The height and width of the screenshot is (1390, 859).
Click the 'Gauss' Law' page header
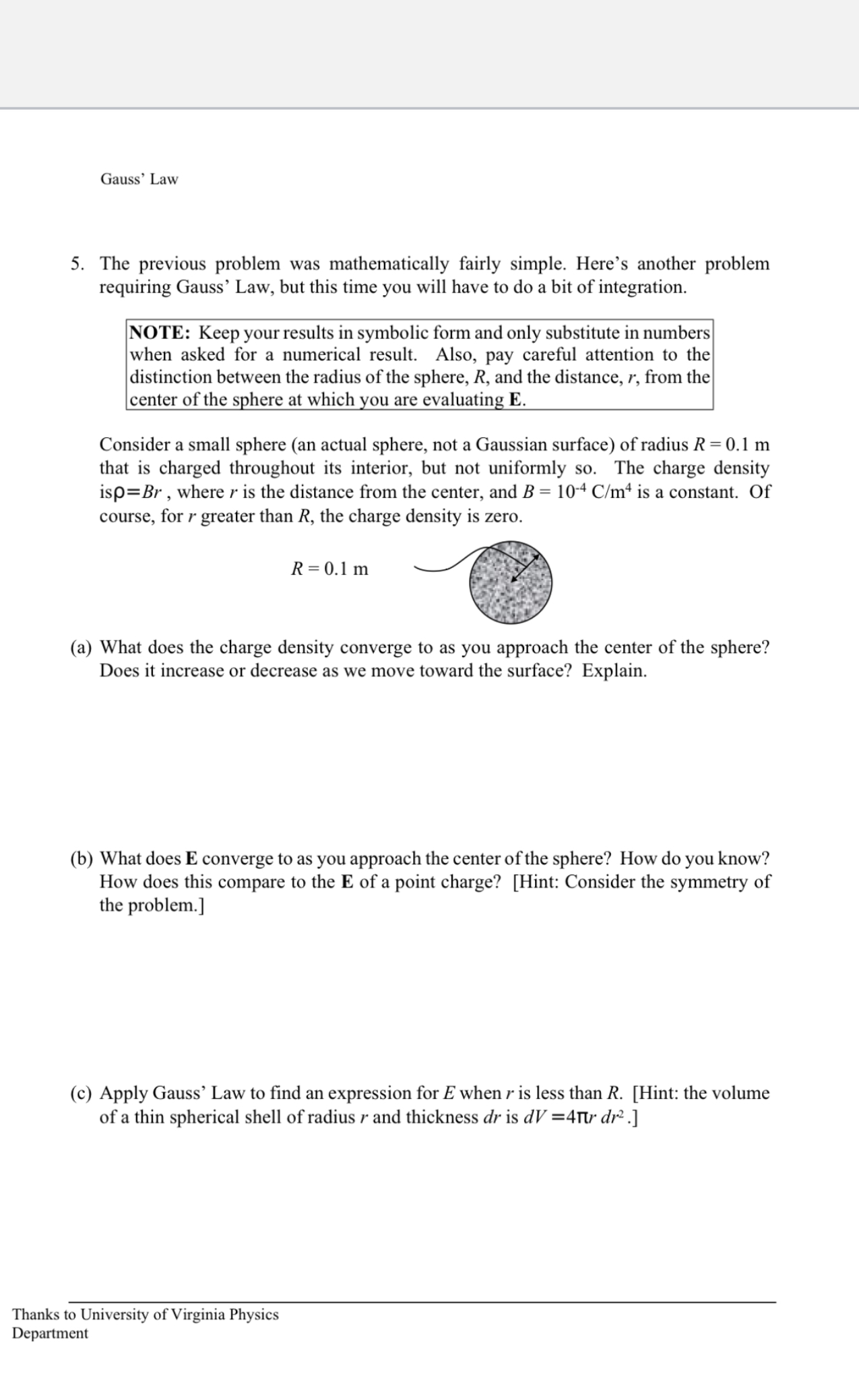(x=139, y=179)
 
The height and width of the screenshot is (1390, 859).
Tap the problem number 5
(x=77, y=263)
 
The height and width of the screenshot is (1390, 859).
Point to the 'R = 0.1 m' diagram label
(x=329, y=569)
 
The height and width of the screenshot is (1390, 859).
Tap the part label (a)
(x=82, y=647)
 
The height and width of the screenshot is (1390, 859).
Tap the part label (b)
(x=82, y=858)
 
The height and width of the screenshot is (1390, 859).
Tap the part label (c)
(x=82, y=1093)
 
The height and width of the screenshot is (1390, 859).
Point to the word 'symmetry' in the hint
(x=699, y=882)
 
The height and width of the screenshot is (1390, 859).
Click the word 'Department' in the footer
(x=50, y=1333)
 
